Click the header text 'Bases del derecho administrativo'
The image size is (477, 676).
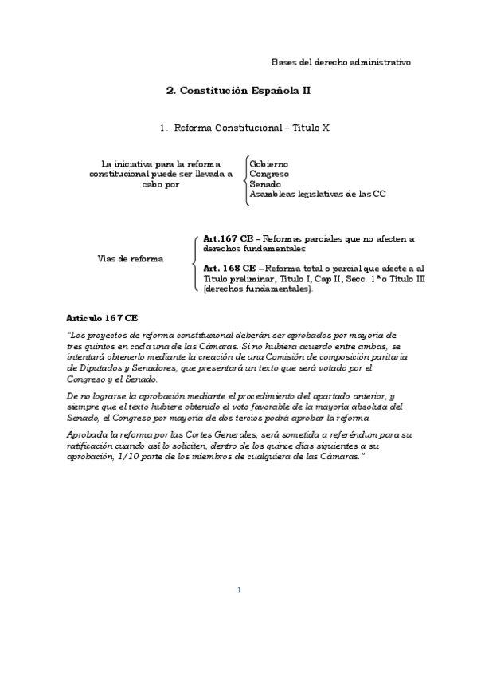coord(341,61)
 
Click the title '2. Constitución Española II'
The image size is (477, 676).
coord(238,92)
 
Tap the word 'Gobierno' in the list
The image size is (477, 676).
coord(269,163)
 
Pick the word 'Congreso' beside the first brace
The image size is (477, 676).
coord(269,174)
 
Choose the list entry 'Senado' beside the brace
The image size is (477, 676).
coord(265,184)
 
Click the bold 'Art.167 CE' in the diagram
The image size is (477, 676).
coord(229,238)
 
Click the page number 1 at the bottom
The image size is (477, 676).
coord(238,590)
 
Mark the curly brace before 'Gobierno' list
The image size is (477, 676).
coord(245,179)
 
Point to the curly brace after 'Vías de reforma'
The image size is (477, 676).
coord(196,263)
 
